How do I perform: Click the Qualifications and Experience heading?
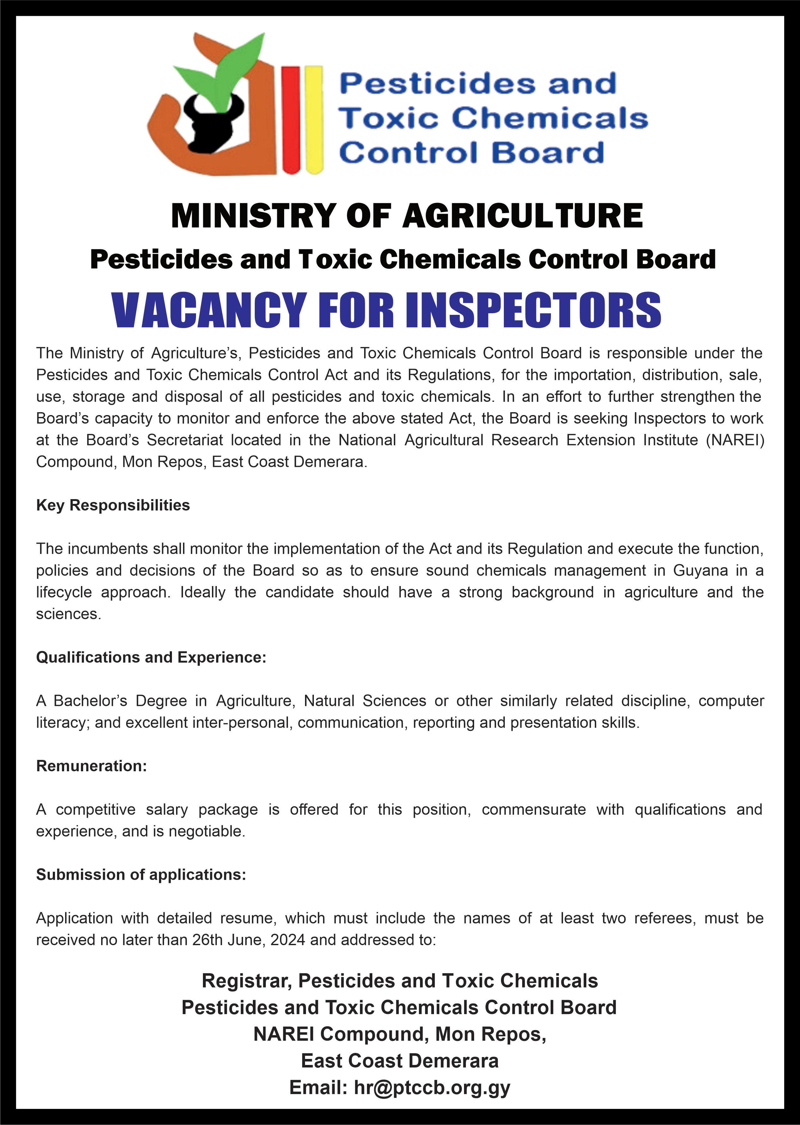[151, 657]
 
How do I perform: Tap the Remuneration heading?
[92, 766]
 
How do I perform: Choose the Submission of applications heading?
[141, 875]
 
